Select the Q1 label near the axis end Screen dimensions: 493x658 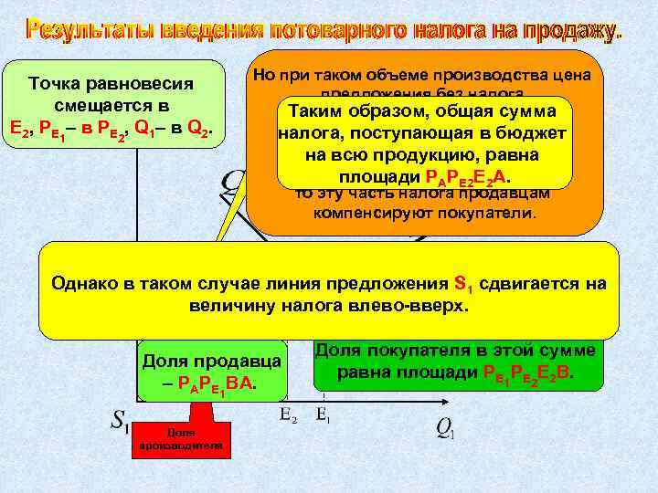point(445,426)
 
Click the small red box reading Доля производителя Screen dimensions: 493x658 point(193,438)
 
